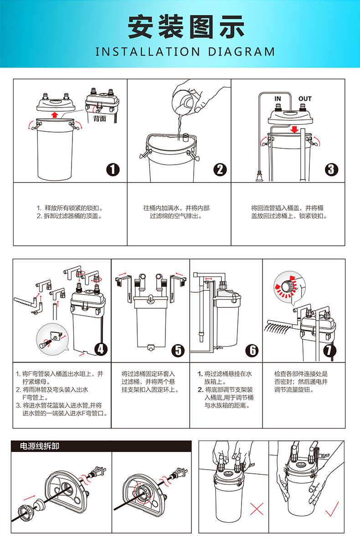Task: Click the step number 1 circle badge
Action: pos(113,169)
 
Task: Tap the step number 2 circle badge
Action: pos(220,169)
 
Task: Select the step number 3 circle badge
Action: pos(332,169)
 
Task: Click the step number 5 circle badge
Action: pos(177,350)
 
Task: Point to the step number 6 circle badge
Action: pos(252,350)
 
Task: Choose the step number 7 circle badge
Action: pos(329,350)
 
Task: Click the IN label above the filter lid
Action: pos(278,99)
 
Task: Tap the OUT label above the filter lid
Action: pos(305,99)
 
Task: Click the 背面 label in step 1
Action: pos(100,119)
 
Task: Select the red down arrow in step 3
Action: pos(295,129)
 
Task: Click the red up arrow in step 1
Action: pos(55,114)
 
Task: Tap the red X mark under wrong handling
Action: pos(257,508)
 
